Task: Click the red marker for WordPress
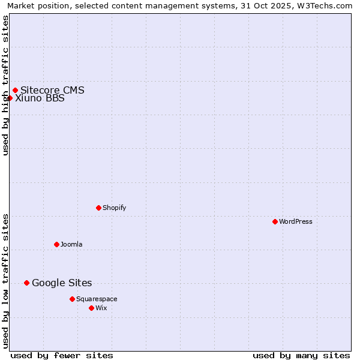coord(275,221)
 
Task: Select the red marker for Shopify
coord(98,208)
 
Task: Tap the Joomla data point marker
coord(56,244)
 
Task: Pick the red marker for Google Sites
coord(26,283)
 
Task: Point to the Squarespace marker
coord(72,299)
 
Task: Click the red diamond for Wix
coord(91,308)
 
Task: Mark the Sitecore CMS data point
coord(15,91)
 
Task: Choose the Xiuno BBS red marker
coord(10,98)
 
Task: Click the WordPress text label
coord(296,221)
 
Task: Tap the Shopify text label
coord(115,208)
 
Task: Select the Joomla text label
coord(71,244)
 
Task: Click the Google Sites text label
coord(62,283)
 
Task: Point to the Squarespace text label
coord(97,299)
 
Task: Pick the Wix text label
coord(101,308)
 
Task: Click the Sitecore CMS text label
coord(52,91)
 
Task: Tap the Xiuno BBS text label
coord(40,98)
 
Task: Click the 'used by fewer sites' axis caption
coord(62,355)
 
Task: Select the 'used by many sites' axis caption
coord(301,355)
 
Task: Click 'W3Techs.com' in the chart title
coord(326,6)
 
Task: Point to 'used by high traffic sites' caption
coord(5,86)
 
